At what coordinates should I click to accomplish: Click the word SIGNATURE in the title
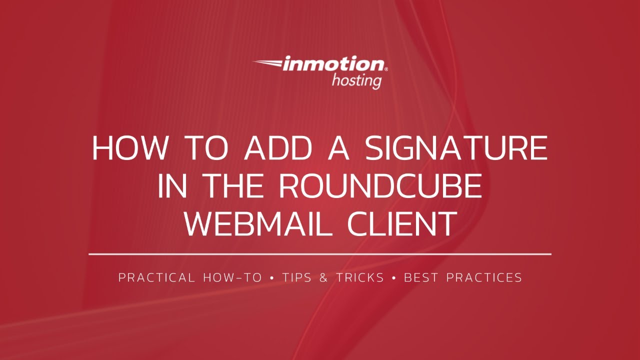[x=456, y=148]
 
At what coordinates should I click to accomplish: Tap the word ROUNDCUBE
[x=380, y=186]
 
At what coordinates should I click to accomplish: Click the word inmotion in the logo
[x=334, y=64]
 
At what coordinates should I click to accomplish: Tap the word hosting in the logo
[x=356, y=80]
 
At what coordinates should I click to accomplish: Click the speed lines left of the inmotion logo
[x=267, y=63]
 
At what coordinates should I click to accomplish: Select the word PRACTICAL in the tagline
[x=156, y=277]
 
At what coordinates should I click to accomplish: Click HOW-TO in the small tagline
[x=232, y=277]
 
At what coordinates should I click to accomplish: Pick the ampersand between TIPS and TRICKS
[x=323, y=277]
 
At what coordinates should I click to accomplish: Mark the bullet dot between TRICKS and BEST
[x=394, y=277]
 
